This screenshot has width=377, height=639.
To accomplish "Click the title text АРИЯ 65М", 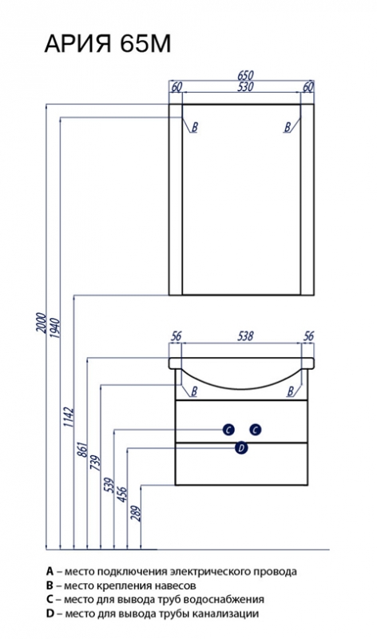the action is pos(108,44).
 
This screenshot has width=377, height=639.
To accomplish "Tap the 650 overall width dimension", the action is pos(245,75).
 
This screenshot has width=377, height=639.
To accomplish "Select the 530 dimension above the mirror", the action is pos(245,87).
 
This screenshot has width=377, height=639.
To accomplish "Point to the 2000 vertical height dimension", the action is pos(41,323).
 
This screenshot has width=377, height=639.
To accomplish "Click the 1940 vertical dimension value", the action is pos(55,328).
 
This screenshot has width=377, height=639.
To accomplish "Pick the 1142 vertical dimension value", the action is pos(69,417).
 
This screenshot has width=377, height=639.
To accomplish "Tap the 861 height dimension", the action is pos(82,450).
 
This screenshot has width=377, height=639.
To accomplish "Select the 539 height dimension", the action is pos(109,485).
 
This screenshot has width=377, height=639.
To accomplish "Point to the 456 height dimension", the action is pos(122,494).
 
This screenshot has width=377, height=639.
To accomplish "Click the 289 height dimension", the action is pos(136,514).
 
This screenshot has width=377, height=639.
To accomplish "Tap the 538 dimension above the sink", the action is pos(245,335).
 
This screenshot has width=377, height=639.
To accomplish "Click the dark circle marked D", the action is pos(242,448).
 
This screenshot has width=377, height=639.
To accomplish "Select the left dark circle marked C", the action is pos(228,430).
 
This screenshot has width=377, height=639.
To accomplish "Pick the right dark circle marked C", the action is pos(256,430).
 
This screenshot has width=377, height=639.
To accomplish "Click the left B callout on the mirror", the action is pos(194,127).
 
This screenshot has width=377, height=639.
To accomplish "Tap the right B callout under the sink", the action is pos(290,391).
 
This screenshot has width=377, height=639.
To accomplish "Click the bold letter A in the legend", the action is pos(50,571).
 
